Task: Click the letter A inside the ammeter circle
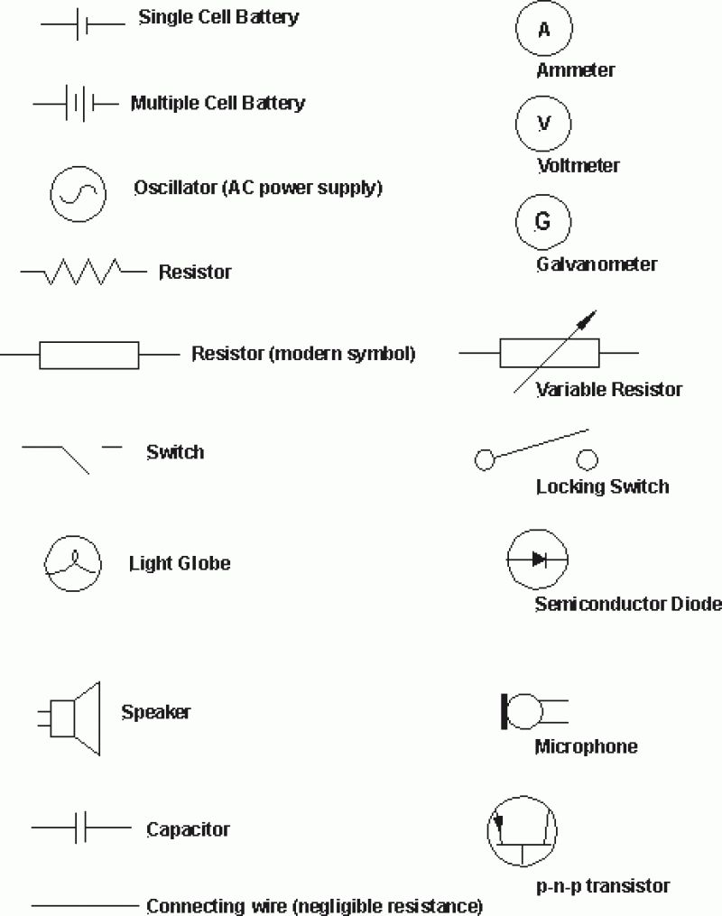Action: [x=544, y=30]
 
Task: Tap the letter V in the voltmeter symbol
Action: [x=543, y=125]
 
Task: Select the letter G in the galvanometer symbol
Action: [x=543, y=221]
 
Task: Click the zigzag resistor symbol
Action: [x=83, y=271]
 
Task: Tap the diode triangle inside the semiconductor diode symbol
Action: [x=539, y=560]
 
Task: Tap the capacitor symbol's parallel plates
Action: [x=80, y=828]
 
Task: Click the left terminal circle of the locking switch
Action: [x=485, y=460]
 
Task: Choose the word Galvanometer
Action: [x=597, y=264]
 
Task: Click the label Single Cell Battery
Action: [x=218, y=16]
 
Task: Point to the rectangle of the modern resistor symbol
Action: [x=88, y=355]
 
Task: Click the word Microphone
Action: [x=586, y=746]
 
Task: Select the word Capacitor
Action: [x=188, y=828]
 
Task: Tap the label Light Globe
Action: [x=180, y=563]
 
